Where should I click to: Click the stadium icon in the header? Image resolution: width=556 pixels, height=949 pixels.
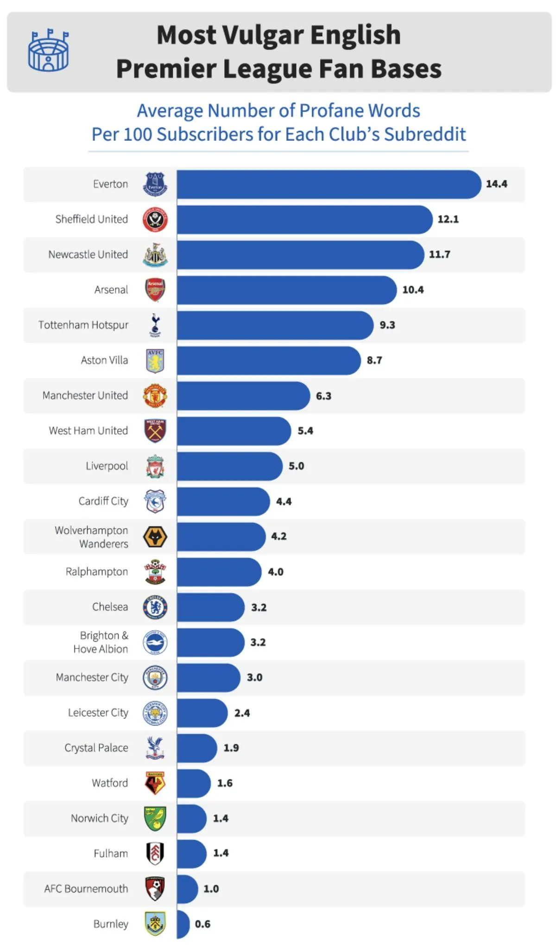pyautogui.click(x=48, y=51)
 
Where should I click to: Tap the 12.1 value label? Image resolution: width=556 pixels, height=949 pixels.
pyautogui.click(x=448, y=219)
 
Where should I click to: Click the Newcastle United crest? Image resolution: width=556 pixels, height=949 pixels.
pyautogui.click(x=155, y=255)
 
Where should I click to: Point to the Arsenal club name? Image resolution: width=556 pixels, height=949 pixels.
pyautogui.click(x=111, y=290)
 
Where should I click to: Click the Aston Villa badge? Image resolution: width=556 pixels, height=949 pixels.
pyautogui.click(x=155, y=361)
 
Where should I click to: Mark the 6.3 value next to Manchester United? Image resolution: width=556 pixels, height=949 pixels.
pyautogui.click(x=323, y=396)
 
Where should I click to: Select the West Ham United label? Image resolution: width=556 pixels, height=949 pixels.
pyautogui.click(x=88, y=430)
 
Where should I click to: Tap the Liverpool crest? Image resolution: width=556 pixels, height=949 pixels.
pyautogui.click(x=155, y=466)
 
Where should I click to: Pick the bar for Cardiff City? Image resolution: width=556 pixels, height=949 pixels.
pyautogui.click(x=223, y=501)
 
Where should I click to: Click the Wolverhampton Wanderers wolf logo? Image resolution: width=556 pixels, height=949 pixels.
pyautogui.click(x=155, y=537)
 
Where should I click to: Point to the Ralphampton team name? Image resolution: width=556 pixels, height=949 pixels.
pyautogui.click(x=97, y=572)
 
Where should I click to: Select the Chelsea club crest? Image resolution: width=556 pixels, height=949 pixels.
pyautogui.click(x=155, y=607)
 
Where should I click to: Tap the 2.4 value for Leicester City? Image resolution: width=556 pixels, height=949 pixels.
pyautogui.click(x=242, y=713)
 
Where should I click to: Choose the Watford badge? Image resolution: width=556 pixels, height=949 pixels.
pyautogui.click(x=155, y=783)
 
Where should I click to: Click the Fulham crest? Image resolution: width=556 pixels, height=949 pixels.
pyautogui.click(x=155, y=854)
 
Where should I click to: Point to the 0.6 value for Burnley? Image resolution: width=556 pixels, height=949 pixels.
pyautogui.click(x=202, y=924)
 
